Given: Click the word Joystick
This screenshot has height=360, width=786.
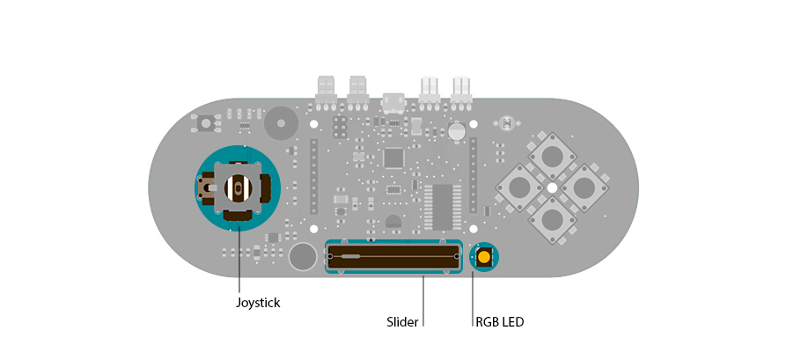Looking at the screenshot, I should pyautogui.click(x=257, y=303).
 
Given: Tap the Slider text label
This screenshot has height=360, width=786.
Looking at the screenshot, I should pyautogui.click(x=402, y=321).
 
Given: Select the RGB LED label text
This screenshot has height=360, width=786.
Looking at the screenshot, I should pyautogui.click(x=499, y=322).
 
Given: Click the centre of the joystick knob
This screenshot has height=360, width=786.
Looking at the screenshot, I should pyautogui.click(x=237, y=187).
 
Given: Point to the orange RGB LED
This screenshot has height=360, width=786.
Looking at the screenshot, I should pyautogui.click(x=484, y=257).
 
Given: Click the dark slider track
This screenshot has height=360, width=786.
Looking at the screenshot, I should pyautogui.click(x=393, y=257).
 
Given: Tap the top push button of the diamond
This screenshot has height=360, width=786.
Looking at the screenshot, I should pyautogui.click(x=552, y=156).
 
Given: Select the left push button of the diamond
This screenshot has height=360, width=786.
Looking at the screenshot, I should pyautogui.click(x=519, y=187).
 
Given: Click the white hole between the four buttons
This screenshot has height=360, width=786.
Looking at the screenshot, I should pyautogui.click(x=552, y=187).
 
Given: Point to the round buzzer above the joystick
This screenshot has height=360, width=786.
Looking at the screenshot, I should pyautogui.click(x=281, y=123).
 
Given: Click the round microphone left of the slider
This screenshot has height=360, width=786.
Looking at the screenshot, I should pyautogui.click(x=302, y=257).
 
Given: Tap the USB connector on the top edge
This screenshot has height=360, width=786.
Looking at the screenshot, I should pyautogui.click(x=393, y=103).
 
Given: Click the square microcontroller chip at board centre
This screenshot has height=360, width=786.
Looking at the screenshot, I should pyautogui.click(x=393, y=158).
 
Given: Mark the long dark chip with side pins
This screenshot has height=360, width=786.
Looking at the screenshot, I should pyautogui.click(x=442, y=206).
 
